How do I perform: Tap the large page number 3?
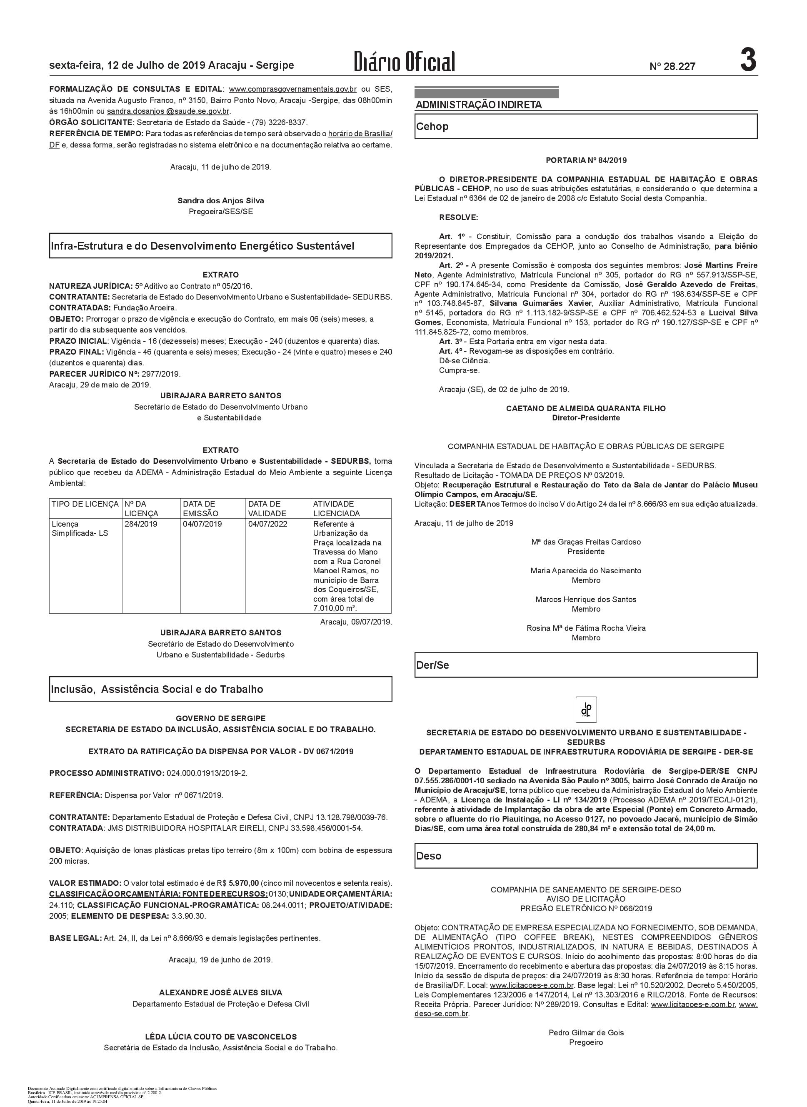coord(748,60)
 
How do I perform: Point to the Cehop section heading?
coord(432,127)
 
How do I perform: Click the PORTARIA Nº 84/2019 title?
coord(586,160)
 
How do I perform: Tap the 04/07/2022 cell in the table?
coord(268,524)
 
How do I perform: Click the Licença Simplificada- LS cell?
coord(80,529)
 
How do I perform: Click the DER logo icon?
coord(586,710)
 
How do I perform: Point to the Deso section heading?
coord(428,856)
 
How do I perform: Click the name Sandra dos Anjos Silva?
coord(220,201)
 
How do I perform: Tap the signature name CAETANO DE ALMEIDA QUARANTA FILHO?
coord(586,408)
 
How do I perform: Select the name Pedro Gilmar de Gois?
coord(586,1033)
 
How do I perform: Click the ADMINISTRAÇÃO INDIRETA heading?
coord(478,105)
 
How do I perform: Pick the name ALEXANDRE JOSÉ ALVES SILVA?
coord(220,979)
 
